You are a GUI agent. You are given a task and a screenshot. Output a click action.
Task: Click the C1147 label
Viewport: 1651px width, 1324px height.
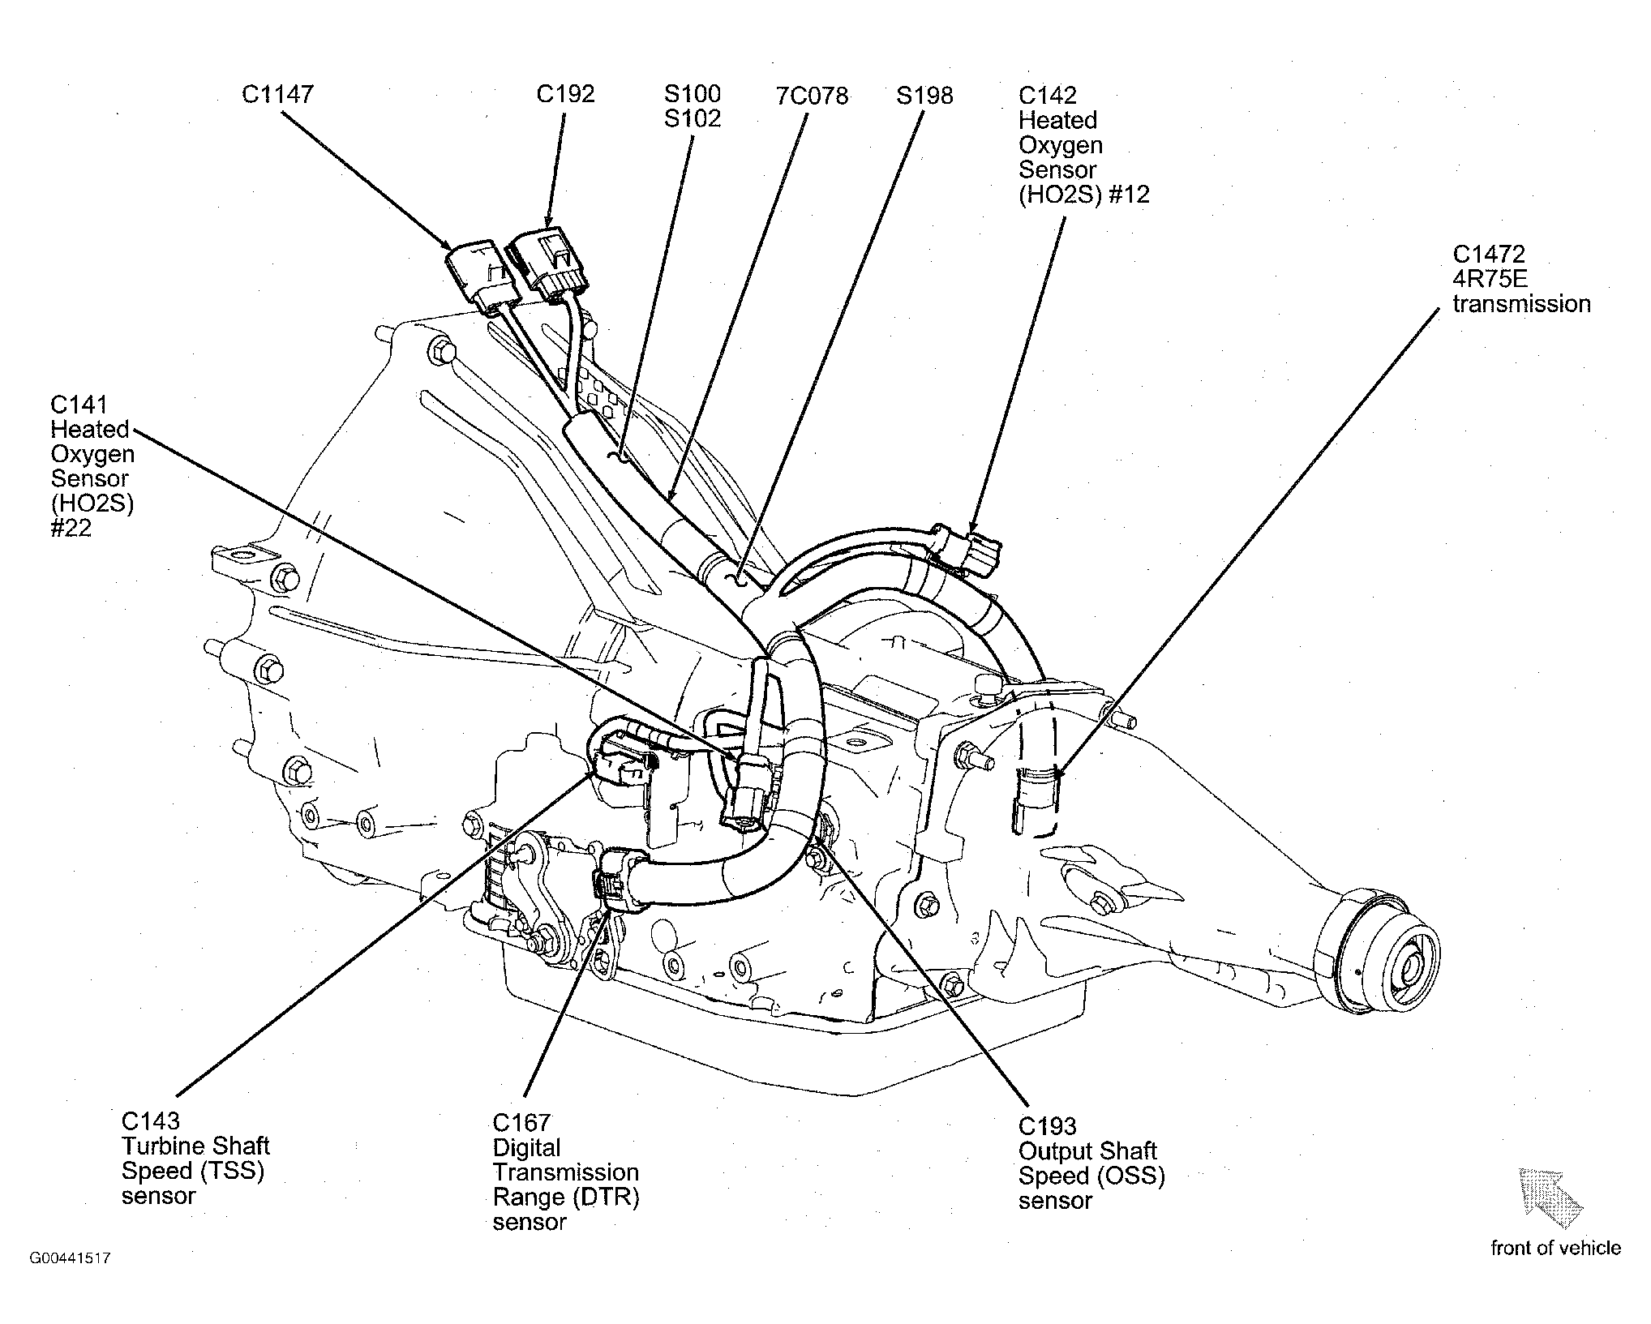pos(277,94)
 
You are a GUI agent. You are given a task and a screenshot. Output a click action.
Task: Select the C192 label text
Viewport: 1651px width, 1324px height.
pos(565,94)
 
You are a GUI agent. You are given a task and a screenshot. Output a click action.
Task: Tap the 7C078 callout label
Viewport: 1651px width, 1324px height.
pos(812,96)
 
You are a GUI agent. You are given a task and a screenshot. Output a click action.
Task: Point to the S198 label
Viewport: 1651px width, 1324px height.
pos(924,96)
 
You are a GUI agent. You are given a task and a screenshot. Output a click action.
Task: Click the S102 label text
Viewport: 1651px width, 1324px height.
pos(692,118)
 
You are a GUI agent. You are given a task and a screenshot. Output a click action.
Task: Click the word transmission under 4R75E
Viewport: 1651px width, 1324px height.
pos(1521,304)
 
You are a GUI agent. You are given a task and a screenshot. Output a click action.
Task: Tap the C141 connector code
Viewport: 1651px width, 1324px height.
pos(79,405)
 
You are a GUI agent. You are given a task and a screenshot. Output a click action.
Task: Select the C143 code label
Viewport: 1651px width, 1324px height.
pos(151,1121)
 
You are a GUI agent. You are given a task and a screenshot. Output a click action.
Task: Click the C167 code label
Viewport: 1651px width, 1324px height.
pos(521,1123)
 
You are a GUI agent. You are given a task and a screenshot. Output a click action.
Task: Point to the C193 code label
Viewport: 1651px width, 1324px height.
pos(1048,1126)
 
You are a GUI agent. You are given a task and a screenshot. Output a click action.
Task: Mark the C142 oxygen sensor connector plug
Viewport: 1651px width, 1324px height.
pos(970,548)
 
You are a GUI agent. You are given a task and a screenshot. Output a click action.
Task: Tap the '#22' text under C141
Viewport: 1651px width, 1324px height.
pos(71,528)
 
